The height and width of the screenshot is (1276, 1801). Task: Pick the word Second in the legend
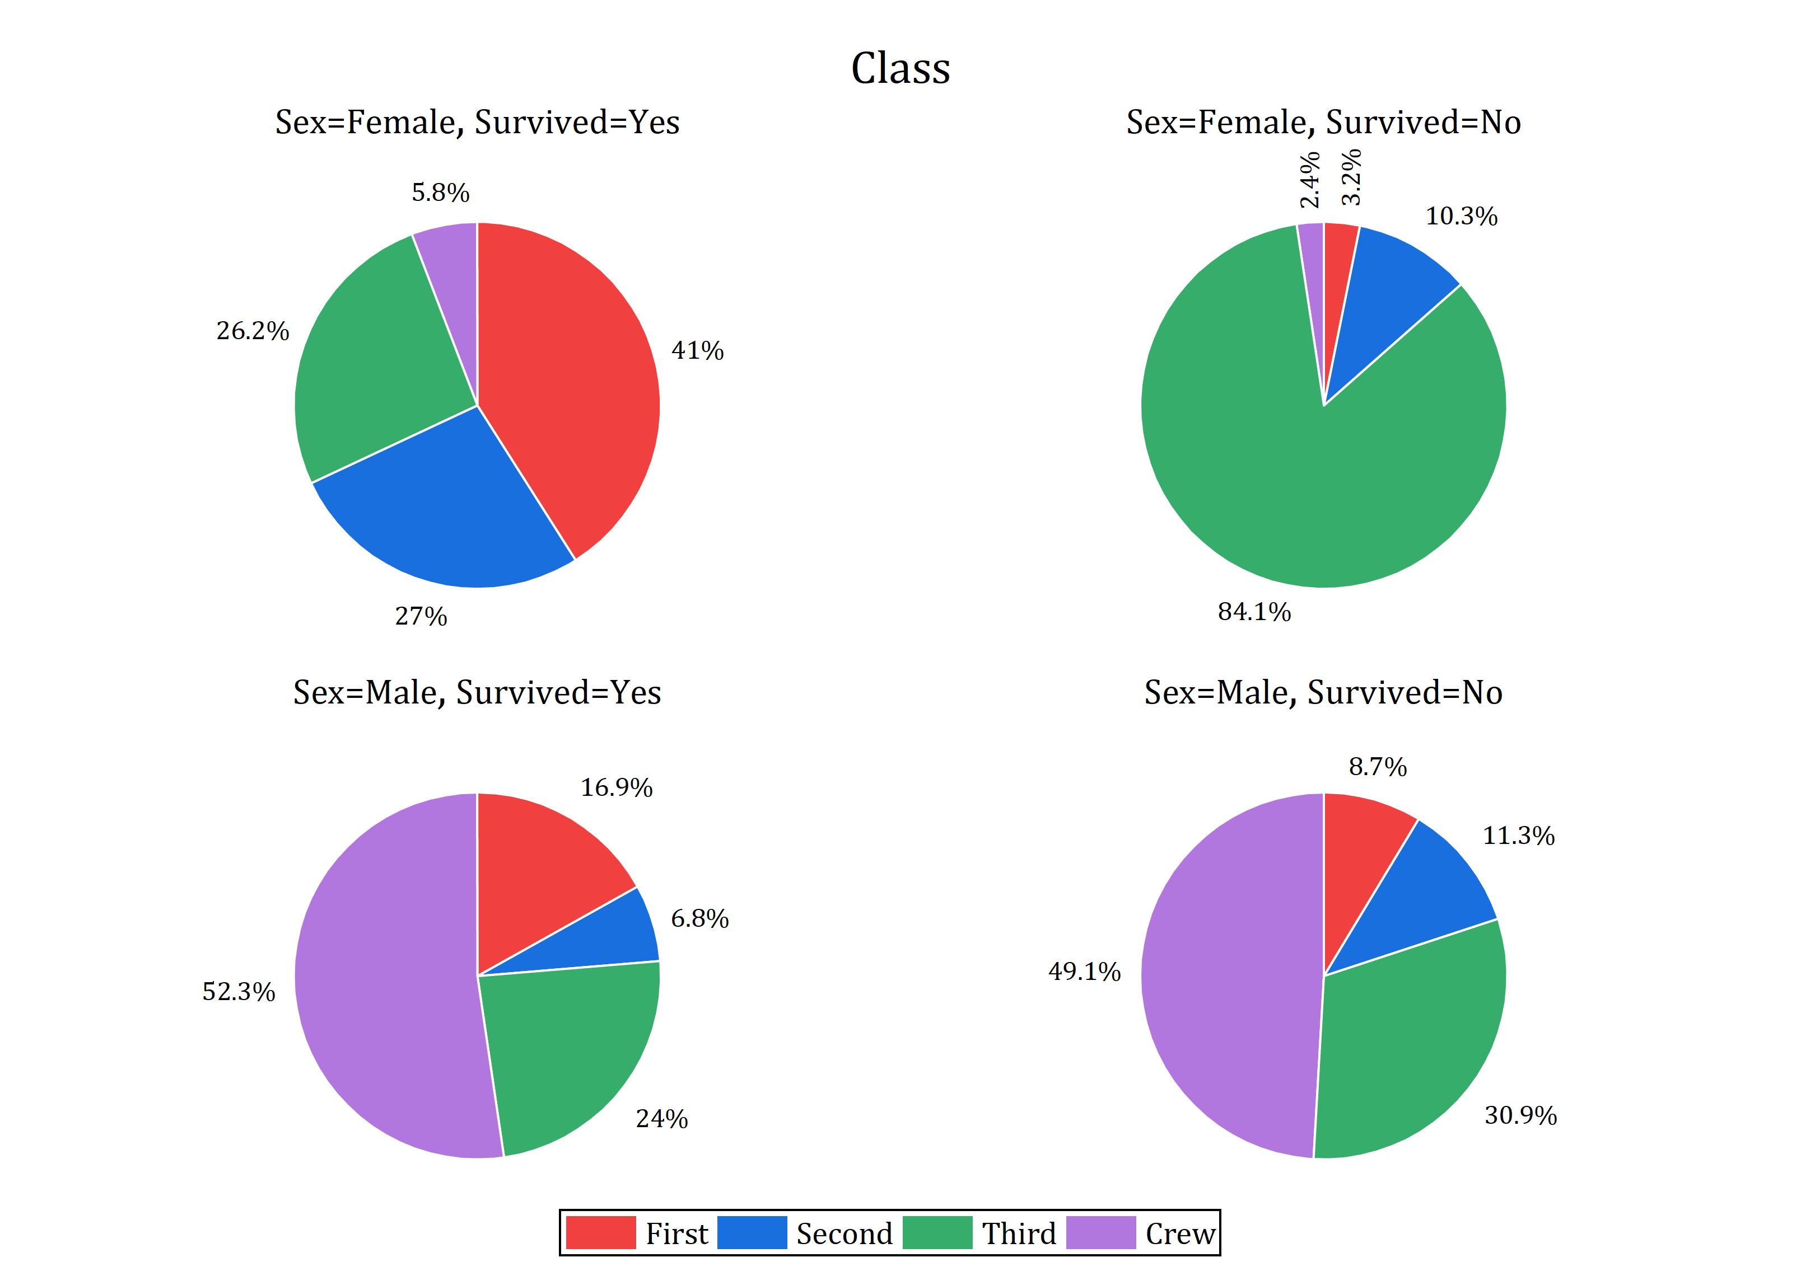844,1233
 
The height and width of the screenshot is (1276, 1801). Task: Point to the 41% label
697,350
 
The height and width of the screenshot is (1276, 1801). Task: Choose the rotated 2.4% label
1309,180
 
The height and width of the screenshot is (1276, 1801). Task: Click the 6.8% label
699,918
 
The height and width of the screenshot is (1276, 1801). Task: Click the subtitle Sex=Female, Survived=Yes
477,123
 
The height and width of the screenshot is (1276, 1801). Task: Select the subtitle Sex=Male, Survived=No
1323,692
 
